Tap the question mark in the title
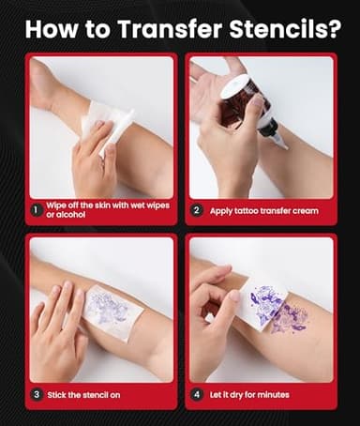click(x=333, y=27)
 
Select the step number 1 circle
click(x=35, y=210)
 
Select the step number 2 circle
click(x=196, y=210)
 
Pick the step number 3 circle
click(x=35, y=395)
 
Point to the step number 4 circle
click(x=196, y=395)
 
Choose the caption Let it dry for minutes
click(x=252, y=395)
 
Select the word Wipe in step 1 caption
click(x=57, y=205)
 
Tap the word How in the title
click(x=52, y=27)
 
